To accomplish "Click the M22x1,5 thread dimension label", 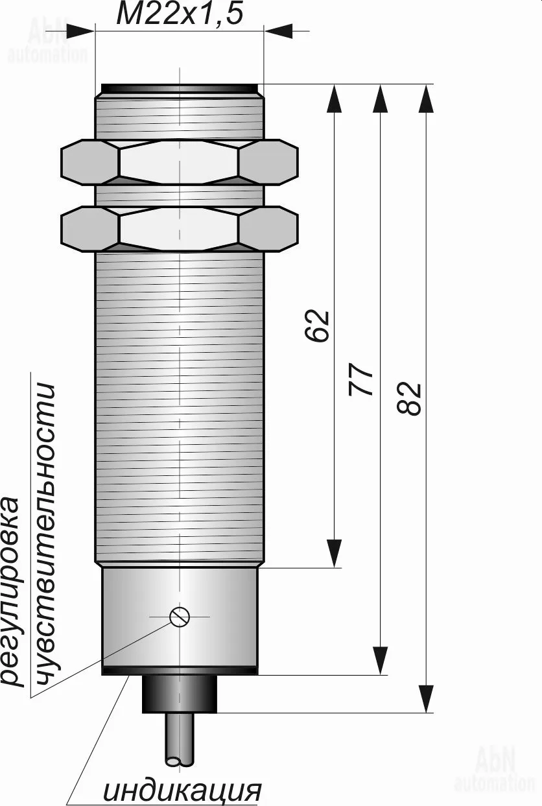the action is tap(180, 14).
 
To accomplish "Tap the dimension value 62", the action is tap(317, 326).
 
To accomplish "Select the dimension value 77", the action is tap(361, 379).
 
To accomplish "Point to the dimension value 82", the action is tap(408, 398).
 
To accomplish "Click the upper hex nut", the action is tap(180, 162).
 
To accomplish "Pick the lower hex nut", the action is tap(180, 229).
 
